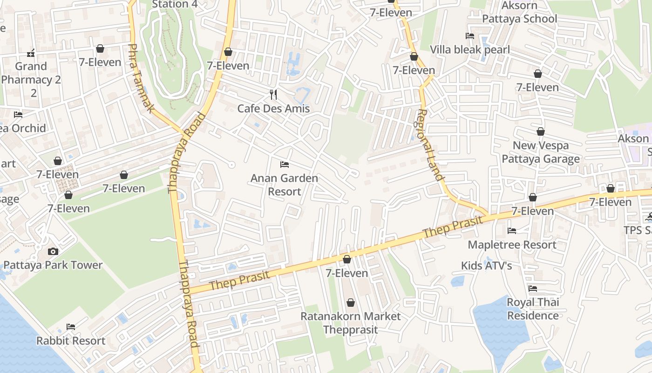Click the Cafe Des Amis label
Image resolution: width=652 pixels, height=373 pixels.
(273, 109)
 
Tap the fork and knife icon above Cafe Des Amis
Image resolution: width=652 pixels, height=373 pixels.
(273, 95)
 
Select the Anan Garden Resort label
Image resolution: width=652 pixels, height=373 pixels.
(284, 185)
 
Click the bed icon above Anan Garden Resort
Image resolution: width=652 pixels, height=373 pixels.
(284, 164)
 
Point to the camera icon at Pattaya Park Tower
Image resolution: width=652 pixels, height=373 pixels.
(53, 251)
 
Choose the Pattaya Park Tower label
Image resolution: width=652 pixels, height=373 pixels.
(53, 265)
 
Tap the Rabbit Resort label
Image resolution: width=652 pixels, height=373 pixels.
(71, 341)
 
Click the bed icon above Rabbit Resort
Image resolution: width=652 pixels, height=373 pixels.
(71, 326)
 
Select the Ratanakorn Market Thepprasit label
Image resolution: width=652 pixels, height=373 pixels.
(350, 323)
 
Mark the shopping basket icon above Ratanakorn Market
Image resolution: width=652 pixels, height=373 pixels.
(351, 303)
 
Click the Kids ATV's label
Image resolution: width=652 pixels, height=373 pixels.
(486, 266)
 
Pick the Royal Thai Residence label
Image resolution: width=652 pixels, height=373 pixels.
(533, 309)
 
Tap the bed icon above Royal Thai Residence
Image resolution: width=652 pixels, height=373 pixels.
(533, 289)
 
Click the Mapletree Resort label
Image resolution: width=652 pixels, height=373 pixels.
(512, 245)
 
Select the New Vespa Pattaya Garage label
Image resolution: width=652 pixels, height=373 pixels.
(540, 152)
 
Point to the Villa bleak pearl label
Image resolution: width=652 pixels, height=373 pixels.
(470, 50)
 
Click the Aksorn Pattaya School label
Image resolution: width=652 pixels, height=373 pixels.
(519, 12)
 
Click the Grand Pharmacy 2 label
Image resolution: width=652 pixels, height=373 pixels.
(31, 79)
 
